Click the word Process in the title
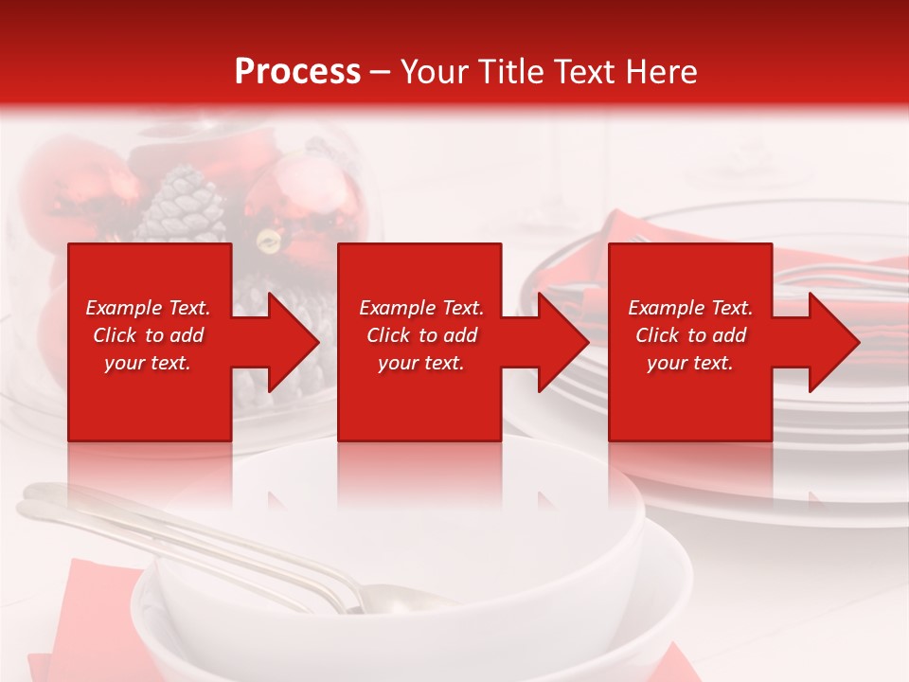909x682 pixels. [297, 71]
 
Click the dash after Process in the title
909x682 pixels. [381, 73]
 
